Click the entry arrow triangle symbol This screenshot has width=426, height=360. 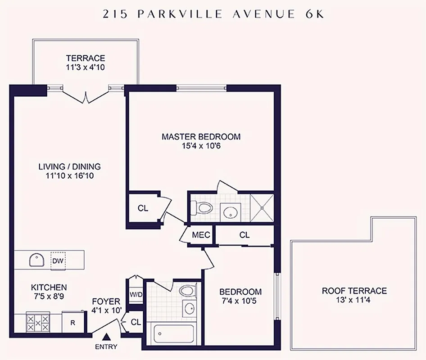click(x=107, y=336)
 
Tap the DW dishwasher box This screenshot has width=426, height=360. click(x=58, y=261)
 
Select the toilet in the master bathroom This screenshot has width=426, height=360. click(x=202, y=208)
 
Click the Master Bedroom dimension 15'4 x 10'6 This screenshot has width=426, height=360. click(x=201, y=146)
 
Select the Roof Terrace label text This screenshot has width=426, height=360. click(x=354, y=291)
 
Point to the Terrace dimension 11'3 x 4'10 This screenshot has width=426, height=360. click(x=86, y=68)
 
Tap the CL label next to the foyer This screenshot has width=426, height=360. click(x=136, y=322)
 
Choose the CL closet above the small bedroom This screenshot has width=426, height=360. click(x=245, y=235)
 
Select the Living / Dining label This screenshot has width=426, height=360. click(x=69, y=166)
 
